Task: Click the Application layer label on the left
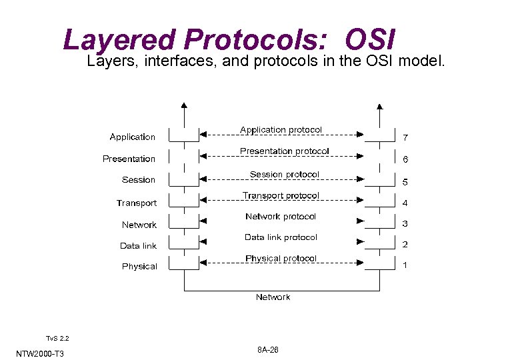click(132, 137)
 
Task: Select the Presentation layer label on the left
click(129, 159)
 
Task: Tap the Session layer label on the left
click(139, 180)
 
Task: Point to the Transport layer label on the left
click(137, 203)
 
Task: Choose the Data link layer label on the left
click(138, 245)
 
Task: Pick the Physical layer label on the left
click(139, 267)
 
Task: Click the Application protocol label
click(281, 129)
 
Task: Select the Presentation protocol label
click(284, 151)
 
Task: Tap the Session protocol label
click(284, 174)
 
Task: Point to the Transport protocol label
click(281, 195)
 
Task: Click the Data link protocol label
click(281, 237)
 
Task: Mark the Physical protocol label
click(281, 258)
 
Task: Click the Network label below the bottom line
click(273, 297)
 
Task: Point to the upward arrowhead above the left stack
click(185, 105)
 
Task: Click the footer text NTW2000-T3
click(40, 353)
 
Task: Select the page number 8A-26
click(267, 350)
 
